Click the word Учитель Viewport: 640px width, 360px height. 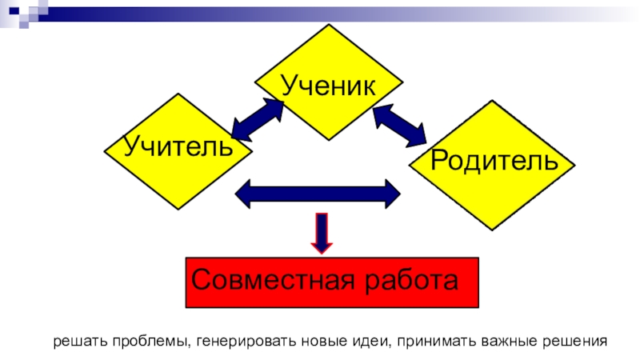(x=178, y=146)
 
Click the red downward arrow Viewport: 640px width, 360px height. (x=322, y=233)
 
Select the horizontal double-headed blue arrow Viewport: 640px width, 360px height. (x=318, y=194)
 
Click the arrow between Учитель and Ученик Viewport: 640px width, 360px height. (x=257, y=119)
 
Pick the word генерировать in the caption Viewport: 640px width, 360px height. (x=239, y=341)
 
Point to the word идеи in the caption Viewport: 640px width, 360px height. (x=369, y=341)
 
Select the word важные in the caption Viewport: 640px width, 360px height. (x=509, y=341)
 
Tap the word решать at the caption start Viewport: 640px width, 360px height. (x=78, y=341)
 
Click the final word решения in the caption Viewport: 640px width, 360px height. (x=575, y=341)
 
